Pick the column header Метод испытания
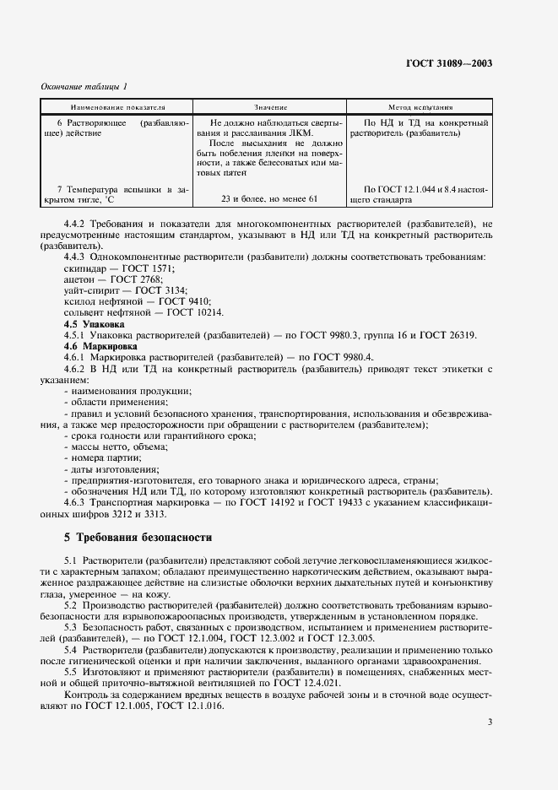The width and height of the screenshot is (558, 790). (420, 108)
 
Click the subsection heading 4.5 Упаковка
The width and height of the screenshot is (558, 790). (95, 323)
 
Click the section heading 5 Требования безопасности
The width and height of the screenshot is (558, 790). (138, 537)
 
